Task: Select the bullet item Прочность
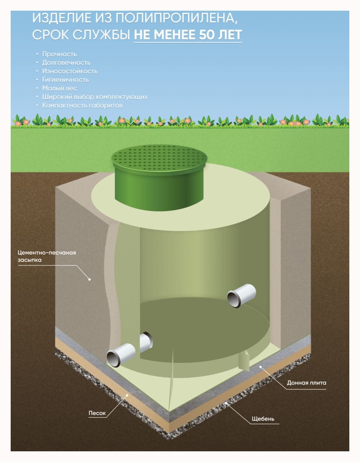click(59, 54)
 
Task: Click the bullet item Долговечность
click(66, 62)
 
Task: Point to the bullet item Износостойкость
click(70, 71)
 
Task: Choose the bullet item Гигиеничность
click(65, 79)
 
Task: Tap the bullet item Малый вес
click(59, 88)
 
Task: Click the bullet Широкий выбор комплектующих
click(95, 97)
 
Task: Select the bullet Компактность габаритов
click(82, 105)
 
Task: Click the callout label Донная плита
click(306, 383)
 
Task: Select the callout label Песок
click(97, 413)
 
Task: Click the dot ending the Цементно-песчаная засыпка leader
click(90, 280)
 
